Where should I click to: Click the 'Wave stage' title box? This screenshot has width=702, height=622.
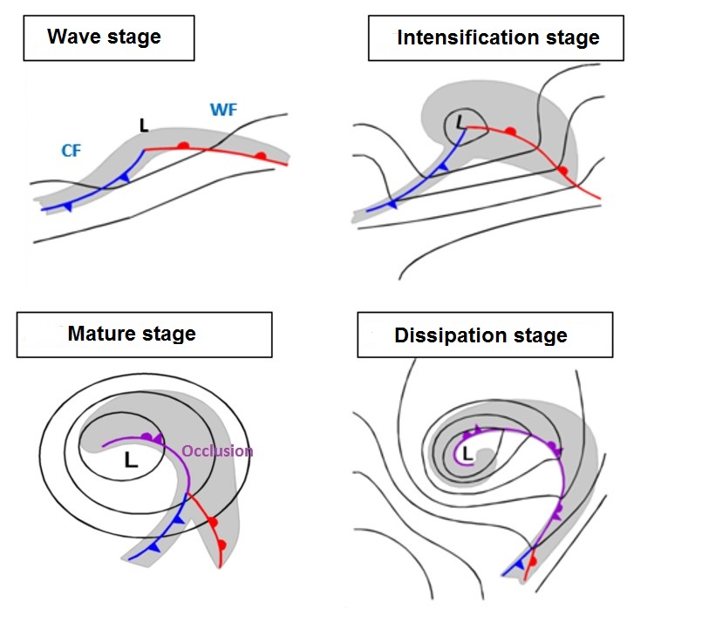tap(108, 37)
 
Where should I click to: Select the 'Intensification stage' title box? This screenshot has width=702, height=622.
tap(497, 37)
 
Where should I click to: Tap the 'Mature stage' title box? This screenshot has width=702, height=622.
tap(144, 334)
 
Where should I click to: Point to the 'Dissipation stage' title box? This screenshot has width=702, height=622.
tap(484, 335)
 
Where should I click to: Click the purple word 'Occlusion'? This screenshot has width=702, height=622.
tap(217, 451)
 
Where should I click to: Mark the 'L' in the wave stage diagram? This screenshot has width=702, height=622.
tap(144, 126)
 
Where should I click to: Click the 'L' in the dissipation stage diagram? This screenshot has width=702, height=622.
tap(467, 453)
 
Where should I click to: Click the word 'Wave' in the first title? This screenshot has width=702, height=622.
tap(72, 37)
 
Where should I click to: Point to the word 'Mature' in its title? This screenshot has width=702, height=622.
tap(103, 334)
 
